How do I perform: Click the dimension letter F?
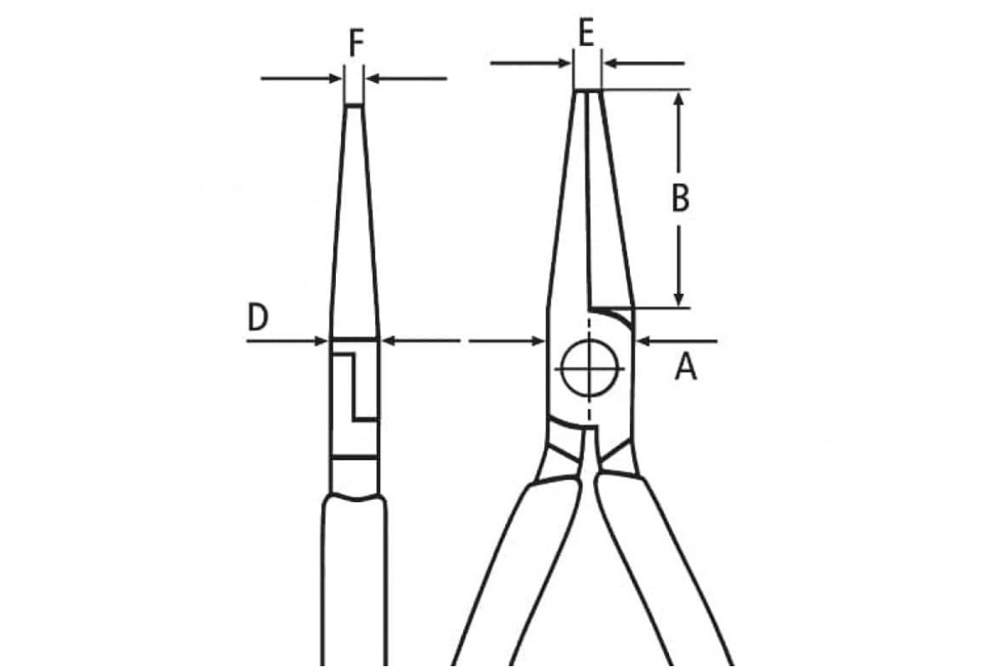coord(356,43)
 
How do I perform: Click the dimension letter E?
coord(586,33)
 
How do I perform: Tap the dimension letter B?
coord(681,198)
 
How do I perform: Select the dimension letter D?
coord(258,316)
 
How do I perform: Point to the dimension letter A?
coord(686,367)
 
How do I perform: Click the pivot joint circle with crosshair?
coord(589,368)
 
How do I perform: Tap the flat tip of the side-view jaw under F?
coord(354,105)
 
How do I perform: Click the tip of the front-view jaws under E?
coord(588,90)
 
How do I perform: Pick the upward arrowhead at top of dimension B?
coord(679,99)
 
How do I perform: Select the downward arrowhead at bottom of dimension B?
coord(679,299)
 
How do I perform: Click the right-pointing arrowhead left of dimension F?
coord(335,79)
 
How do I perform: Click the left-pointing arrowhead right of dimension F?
coord(374,79)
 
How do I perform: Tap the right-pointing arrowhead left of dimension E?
coord(564,64)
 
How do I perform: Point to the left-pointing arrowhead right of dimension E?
coord(611,64)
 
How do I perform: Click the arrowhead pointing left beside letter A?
coord(644,341)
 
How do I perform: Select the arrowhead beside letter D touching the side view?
coord(319,341)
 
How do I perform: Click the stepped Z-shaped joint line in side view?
coord(355,387)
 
